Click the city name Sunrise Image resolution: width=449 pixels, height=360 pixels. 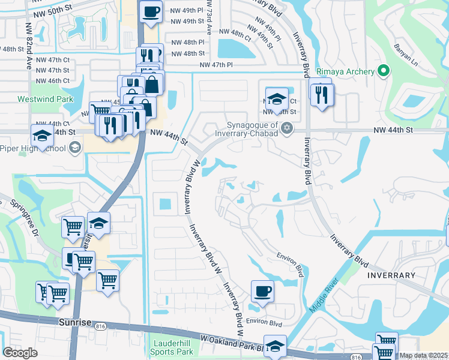click(x=75, y=322)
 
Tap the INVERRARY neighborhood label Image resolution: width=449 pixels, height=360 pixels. click(x=390, y=275)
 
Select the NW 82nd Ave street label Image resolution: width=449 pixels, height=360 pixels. click(x=28, y=38)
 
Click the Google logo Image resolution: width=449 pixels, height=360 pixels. click(x=20, y=353)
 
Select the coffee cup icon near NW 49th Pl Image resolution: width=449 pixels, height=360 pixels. click(x=151, y=11)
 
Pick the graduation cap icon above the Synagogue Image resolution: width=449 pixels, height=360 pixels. click(x=277, y=99)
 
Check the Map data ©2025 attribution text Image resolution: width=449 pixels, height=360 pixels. click(x=423, y=356)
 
